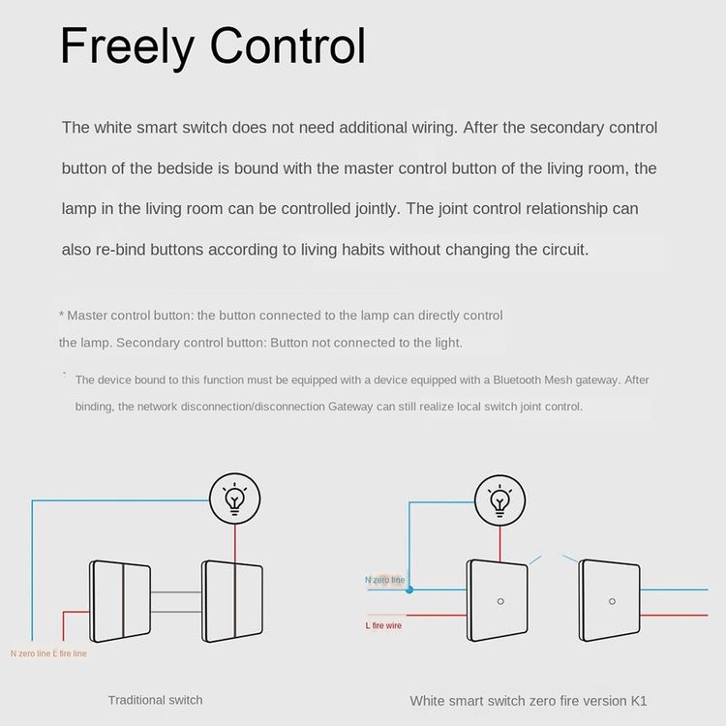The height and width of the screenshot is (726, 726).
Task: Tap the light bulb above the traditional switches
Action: (235, 499)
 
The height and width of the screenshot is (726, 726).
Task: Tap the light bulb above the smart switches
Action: (500, 500)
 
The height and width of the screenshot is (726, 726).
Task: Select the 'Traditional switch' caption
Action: (155, 700)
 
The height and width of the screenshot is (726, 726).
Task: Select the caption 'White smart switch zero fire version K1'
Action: (529, 701)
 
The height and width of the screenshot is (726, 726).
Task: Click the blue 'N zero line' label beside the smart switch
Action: (384, 580)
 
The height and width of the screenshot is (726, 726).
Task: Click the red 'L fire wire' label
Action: (383, 625)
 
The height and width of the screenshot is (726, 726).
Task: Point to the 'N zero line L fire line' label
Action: (48, 653)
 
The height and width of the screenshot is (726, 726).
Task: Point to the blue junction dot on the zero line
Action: (409, 590)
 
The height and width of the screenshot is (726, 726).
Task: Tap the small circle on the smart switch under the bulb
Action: (500, 601)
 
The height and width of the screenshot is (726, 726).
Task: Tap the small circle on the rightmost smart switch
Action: (612, 601)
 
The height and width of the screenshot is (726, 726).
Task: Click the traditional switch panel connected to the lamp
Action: (232, 601)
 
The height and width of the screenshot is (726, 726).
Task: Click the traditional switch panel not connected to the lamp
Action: (120, 601)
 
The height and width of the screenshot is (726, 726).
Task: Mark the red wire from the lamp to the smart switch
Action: (500, 544)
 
